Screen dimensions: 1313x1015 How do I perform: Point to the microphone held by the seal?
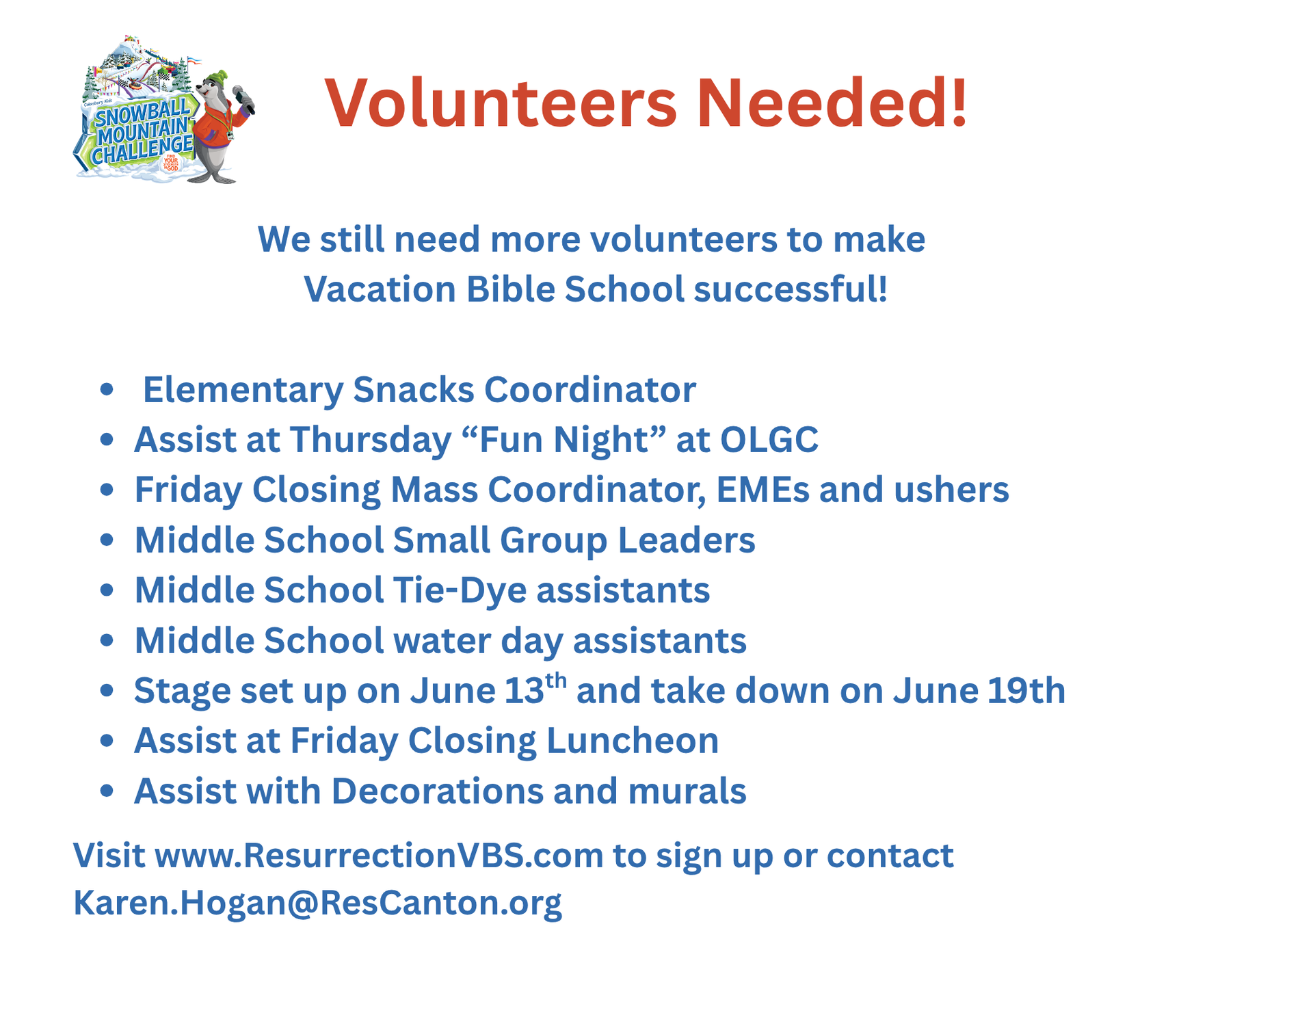pyautogui.click(x=243, y=99)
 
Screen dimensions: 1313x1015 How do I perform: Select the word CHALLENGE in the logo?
pyautogui.click(x=142, y=150)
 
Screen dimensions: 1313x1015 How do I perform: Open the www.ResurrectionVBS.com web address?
pyautogui.click(x=380, y=856)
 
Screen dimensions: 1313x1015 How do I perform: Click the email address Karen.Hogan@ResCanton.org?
pyautogui.click(x=317, y=903)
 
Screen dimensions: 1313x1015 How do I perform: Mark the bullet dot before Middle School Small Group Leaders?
pyautogui.click(x=106, y=540)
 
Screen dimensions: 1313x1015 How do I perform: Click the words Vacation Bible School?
pyautogui.click(x=494, y=289)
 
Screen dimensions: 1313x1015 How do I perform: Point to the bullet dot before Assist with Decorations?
pyautogui.click(x=106, y=791)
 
